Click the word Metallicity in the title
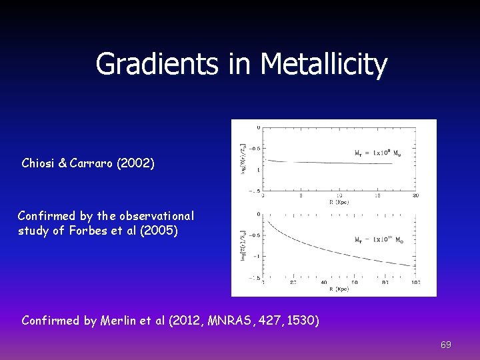(x=324, y=65)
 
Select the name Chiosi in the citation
(x=42, y=163)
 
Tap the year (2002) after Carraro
(x=135, y=163)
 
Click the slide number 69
(x=446, y=345)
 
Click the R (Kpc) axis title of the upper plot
(x=338, y=202)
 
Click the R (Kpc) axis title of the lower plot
(x=338, y=289)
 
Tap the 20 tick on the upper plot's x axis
(x=415, y=196)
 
